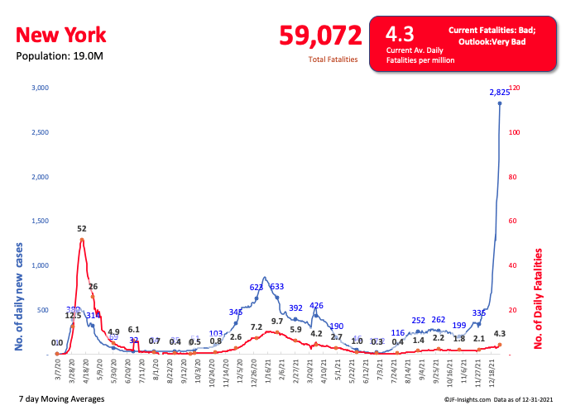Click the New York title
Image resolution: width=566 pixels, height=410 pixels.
(x=61, y=35)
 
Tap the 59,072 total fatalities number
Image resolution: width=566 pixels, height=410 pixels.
(x=321, y=36)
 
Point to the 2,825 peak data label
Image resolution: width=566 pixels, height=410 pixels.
(x=499, y=92)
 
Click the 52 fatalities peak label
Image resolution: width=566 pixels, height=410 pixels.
(x=82, y=229)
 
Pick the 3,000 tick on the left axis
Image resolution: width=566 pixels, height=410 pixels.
(x=39, y=88)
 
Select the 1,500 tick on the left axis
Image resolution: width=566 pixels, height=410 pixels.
(x=39, y=222)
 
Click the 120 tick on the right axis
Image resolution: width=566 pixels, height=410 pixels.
(x=515, y=88)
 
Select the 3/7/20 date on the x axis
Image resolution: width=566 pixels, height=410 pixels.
(x=58, y=369)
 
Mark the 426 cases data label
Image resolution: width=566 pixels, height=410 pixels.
(x=316, y=306)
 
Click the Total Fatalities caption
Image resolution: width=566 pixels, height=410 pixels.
(x=333, y=60)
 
